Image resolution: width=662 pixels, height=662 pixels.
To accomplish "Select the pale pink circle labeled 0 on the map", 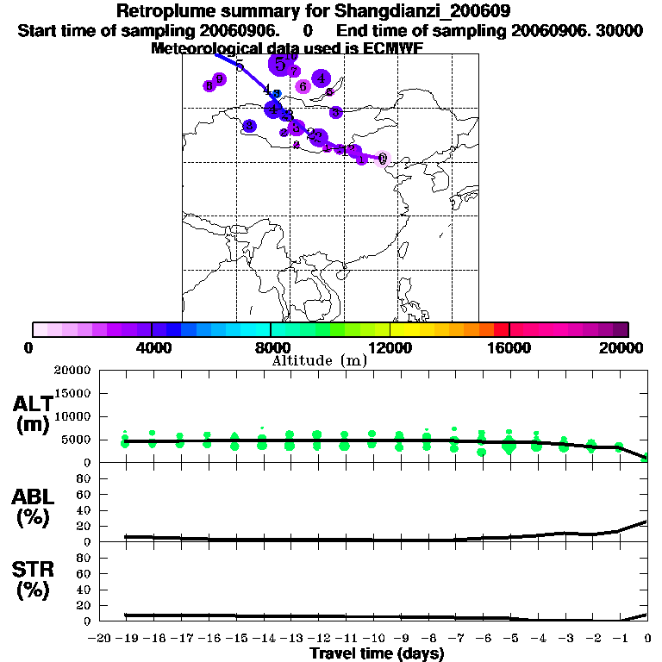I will coord(383,159).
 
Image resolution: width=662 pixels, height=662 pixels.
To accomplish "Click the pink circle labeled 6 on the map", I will coord(303,86).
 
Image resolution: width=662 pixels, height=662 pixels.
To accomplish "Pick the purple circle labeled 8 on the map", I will coord(209,86).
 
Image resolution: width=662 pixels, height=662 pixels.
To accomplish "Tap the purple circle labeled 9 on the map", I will coord(220,79).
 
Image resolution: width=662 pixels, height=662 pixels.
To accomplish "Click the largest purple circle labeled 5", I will coord(279,64).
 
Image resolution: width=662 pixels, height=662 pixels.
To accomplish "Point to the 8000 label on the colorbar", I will coord(271,347).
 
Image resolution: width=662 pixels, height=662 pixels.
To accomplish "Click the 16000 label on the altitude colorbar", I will coord(509,347).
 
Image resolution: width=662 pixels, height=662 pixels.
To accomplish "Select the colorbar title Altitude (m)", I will coord(319,360).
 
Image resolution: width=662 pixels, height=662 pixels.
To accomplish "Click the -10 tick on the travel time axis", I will coord(372,639).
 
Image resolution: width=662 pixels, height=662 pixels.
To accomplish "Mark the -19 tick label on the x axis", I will coord(127,639).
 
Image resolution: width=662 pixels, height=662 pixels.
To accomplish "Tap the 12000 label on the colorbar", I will coord(390,347).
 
